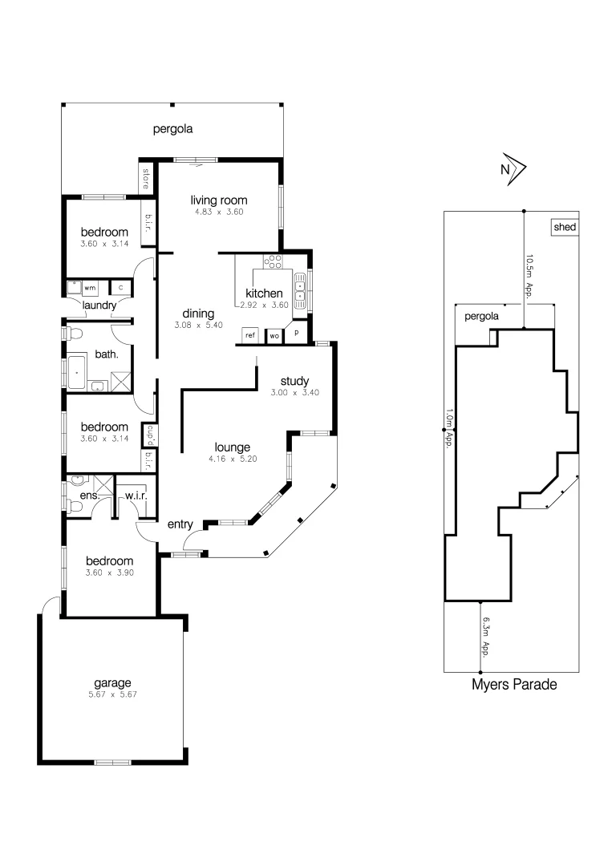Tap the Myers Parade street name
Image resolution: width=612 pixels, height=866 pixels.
(513, 685)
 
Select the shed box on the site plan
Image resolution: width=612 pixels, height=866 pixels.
(565, 227)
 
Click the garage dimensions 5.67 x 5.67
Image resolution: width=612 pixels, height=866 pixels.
(112, 694)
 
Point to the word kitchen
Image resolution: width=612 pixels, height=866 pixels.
(264, 293)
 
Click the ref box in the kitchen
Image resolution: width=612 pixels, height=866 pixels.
(250, 335)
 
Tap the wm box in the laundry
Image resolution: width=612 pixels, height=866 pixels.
(90, 287)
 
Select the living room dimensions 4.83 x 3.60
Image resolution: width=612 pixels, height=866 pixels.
(218, 212)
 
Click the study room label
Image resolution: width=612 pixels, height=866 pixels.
(294, 381)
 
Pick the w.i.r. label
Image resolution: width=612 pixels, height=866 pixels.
(135, 496)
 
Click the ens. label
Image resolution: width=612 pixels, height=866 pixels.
(88, 496)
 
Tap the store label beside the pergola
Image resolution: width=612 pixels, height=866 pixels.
(146, 178)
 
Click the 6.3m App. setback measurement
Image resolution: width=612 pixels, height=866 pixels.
(485, 637)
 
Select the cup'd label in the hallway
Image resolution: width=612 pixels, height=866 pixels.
(148, 435)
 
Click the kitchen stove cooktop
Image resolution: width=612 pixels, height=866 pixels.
(274, 261)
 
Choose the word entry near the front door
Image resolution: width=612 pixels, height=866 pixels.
(180, 524)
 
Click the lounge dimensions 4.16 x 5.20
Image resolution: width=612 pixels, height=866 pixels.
(232, 460)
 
